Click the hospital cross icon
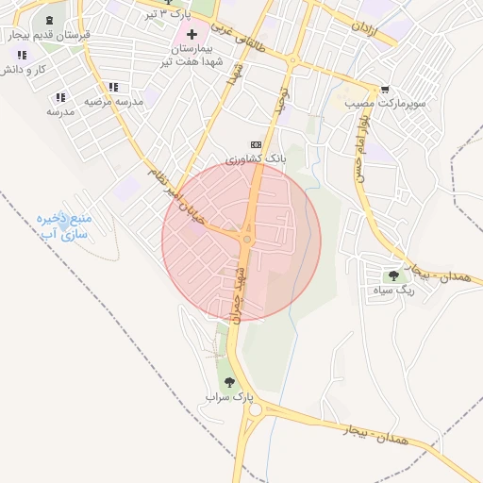click(x=192, y=34)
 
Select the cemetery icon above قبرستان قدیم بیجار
click(x=49, y=21)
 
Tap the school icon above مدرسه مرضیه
click(x=114, y=87)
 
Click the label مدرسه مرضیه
click(x=114, y=100)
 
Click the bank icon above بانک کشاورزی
click(x=255, y=144)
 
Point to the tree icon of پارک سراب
click(x=229, y=382)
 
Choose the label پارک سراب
click(x=225, y=397)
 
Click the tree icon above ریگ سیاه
click(x=393, y=275)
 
